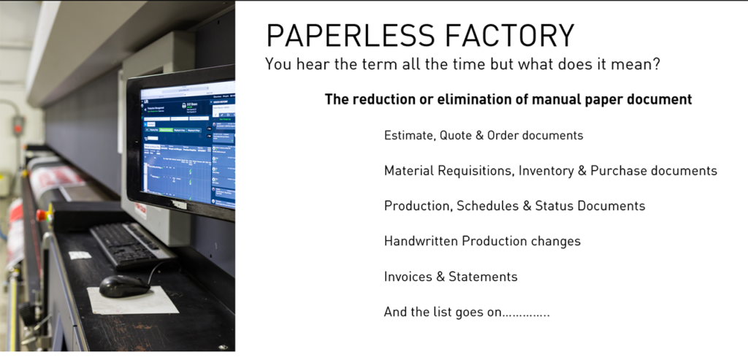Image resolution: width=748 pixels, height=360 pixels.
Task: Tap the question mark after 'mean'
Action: click(x=657, y=64)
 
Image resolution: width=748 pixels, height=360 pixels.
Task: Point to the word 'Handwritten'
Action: click(x=421, y=241)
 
